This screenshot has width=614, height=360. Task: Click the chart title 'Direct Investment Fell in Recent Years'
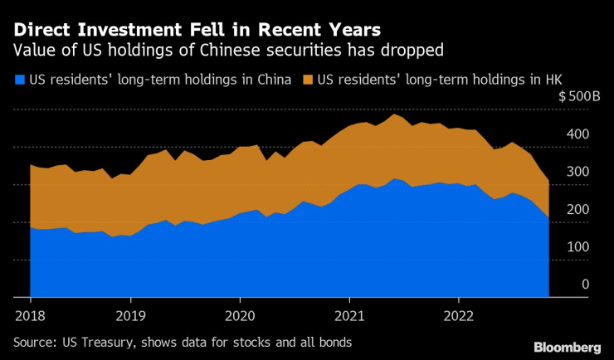point(197,29)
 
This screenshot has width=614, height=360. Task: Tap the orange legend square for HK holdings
point(308,80)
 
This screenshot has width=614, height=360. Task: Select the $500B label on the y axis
point(578,97)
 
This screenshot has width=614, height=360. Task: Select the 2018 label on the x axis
point(31,315)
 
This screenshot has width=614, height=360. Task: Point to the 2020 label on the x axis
point(240,315)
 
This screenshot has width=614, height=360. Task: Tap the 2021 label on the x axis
point(349,315)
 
